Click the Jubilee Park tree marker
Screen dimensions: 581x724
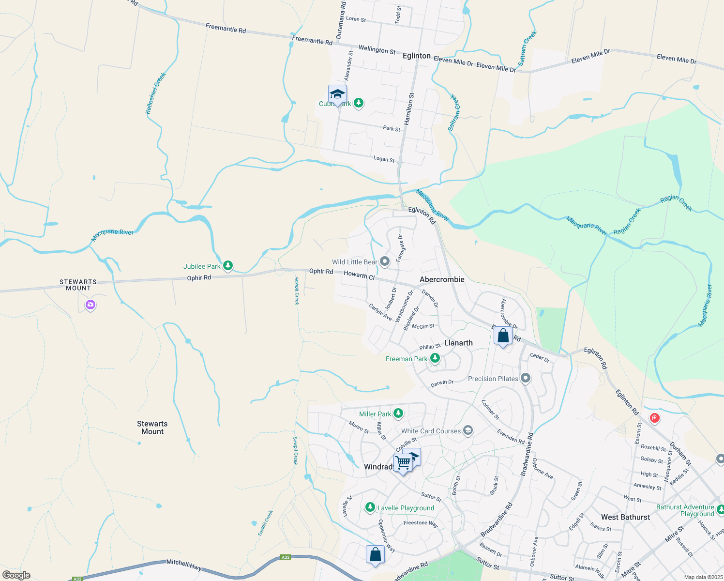click(x=228, y=266)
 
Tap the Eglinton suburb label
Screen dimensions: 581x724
click(x=416, y=56)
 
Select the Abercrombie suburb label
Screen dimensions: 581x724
click(x=442, y=279)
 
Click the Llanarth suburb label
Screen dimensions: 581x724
click(x=458, y=343)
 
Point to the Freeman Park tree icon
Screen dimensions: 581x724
click(x=435, y=358)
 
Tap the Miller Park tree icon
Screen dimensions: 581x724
click(x=398, y=413)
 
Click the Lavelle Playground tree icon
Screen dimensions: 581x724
click(x=370, y=507)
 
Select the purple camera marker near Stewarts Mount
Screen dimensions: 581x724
click(x=90, y=305)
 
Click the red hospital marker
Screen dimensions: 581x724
click(x=655, y=418)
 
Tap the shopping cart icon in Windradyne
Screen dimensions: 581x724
click(x=403, y=463)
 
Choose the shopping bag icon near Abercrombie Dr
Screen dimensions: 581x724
click(x=503, y=336)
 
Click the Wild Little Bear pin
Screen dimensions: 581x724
click(x=385, y=262)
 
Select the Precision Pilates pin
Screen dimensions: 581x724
click(x=526, y=379)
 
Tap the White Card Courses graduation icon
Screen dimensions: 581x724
click(x=468, y=430)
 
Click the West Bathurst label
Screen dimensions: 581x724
click(x=625, y=517)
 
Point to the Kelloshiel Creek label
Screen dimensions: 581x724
click(x=156, y=93)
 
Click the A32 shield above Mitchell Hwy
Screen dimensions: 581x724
click(x=286, y=557)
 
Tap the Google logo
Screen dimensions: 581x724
click(x=16, y=575)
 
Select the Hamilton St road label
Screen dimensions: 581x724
click(x=409, y=109)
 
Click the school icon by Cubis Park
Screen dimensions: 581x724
click(x=337, y=94)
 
